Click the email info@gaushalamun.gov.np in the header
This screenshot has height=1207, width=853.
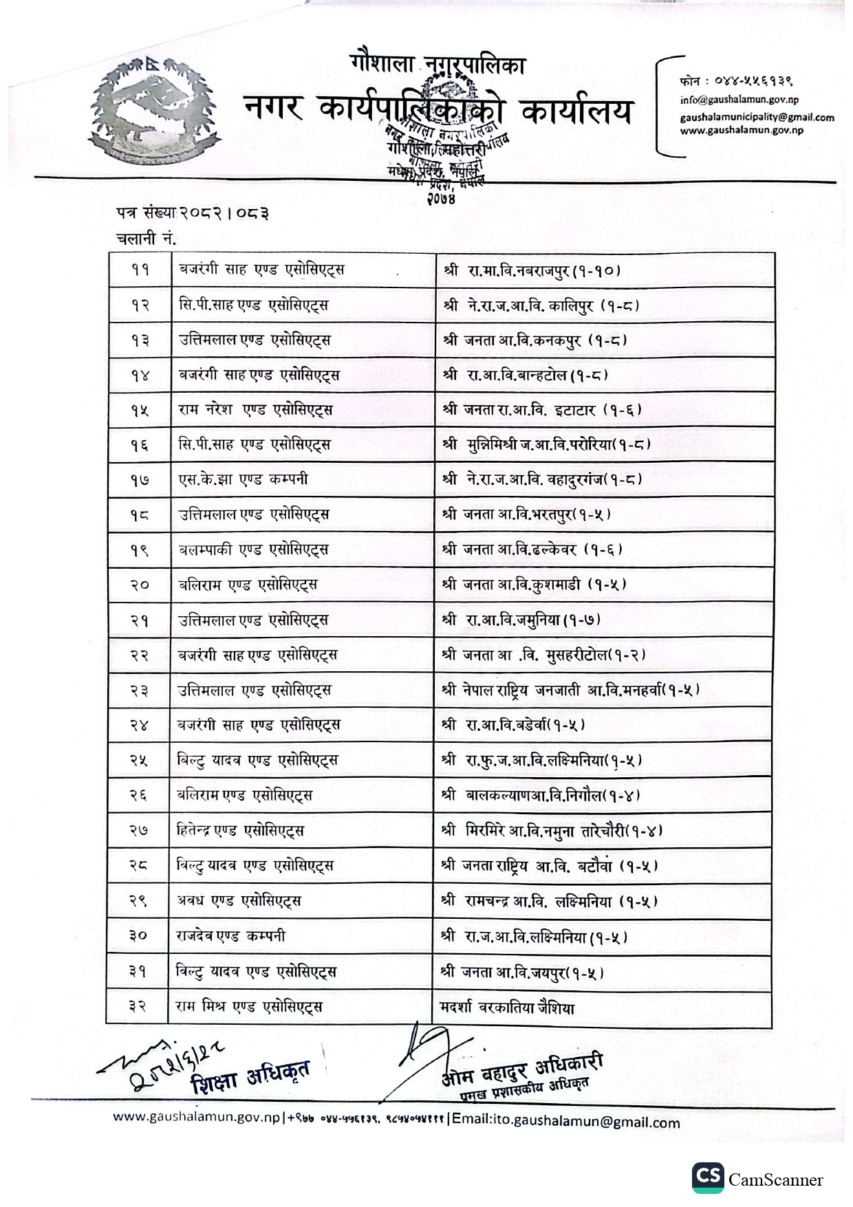[739, 100]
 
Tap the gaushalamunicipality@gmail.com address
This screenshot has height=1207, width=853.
[757, 118]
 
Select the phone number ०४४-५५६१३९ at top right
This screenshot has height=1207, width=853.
[736, 80]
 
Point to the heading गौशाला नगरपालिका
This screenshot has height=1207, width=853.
[437, 65]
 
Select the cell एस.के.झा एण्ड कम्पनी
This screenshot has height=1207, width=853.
[244, 479]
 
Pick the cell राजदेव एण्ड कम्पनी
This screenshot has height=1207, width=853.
[231, 936]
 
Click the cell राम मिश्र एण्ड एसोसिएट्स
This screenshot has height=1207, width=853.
[249, 1007]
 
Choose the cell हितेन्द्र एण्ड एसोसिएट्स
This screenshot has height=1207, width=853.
[240, 831]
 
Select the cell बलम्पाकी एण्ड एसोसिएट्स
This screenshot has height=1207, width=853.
[253, 550]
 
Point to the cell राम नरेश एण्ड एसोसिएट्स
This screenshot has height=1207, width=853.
[255, 410]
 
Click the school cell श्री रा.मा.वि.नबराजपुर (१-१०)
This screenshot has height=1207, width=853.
[532, 270]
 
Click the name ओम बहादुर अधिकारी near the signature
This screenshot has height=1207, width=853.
[522, 1069]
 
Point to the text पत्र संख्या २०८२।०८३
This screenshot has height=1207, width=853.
[192, 214]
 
